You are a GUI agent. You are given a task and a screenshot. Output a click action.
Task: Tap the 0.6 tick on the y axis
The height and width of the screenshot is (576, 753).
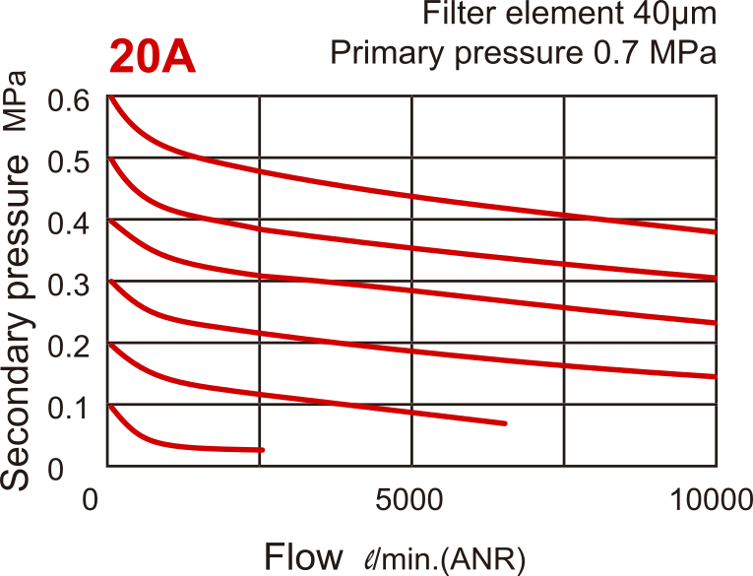70,100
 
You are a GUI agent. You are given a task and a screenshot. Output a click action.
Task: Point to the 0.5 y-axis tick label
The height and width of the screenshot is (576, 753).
70,162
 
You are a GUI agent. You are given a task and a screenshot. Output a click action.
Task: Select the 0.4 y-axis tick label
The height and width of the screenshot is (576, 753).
70,224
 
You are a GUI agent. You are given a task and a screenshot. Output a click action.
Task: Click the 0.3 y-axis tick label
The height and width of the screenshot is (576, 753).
70,285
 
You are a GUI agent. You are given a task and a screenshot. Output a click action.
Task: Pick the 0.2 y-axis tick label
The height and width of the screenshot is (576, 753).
70,347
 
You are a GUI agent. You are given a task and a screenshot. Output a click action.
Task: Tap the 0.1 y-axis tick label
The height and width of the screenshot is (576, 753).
70,408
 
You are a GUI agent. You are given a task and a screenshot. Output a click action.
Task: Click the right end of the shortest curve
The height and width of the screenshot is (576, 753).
264,450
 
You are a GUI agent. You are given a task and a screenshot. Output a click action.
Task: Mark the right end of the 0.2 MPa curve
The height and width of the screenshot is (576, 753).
505,423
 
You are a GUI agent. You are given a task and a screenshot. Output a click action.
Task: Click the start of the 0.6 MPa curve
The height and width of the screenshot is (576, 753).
110,97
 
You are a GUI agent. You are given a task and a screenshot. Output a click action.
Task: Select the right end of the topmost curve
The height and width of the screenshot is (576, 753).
716,232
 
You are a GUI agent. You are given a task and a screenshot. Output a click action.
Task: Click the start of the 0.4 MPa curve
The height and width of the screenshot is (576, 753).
110,221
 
